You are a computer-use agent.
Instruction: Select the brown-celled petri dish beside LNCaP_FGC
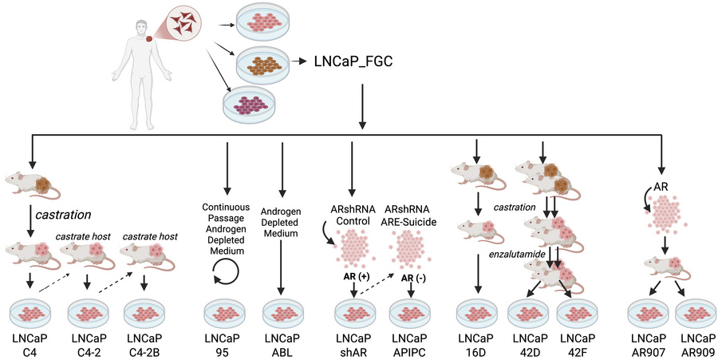(255, 62)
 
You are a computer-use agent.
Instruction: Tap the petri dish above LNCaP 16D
(477, 309)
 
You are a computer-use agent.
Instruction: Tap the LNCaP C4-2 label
(87, 342)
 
